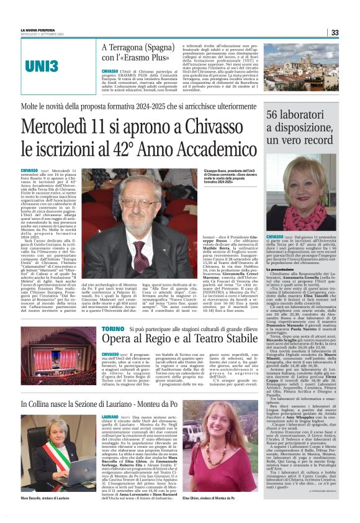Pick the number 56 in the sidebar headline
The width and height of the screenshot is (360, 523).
pyautogui.click(x=274, y=114)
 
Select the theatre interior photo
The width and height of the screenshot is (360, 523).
pyautogui.click(x=58, y=352)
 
